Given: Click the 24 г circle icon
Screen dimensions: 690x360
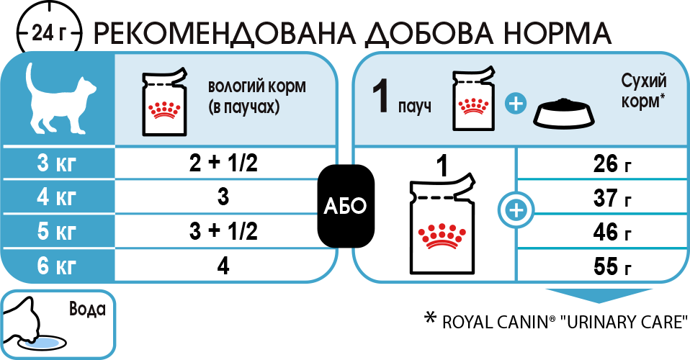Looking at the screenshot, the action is coord(49,32).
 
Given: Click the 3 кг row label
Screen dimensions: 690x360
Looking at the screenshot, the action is coord(57,163).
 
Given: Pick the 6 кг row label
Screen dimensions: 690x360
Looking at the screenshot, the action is coord(57,266).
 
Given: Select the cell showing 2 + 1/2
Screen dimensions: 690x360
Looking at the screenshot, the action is coord(223,163).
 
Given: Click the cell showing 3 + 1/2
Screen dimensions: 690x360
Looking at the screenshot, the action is coord(223,231).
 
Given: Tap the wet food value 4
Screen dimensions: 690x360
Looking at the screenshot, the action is coord(223,266).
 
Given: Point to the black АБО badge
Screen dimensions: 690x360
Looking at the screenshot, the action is coord(346,206).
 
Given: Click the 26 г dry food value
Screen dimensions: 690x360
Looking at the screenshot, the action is coord(611,163).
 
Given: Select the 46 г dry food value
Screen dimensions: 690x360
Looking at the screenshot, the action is coord(611,232).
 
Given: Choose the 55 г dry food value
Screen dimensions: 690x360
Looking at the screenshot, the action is coord(611,266).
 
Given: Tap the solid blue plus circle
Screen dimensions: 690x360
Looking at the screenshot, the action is coord(515,104).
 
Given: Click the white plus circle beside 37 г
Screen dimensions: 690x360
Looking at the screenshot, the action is coord(516,210).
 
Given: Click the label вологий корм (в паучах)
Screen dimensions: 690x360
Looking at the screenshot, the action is coord(256,96).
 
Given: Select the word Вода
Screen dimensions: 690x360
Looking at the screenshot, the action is coord(88,309).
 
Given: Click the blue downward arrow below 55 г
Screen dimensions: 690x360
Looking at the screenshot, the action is coord(599,296).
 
